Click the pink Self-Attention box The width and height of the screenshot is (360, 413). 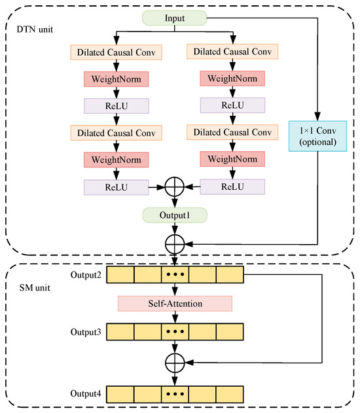click(x=175, y=303)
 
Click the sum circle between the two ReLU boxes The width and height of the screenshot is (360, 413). click(x=175, y=187)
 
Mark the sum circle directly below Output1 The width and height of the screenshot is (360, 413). click(x=175, y=243)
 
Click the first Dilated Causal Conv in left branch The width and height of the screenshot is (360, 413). click(x=116, y=51)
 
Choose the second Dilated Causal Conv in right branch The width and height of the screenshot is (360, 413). click(x=233, y=132)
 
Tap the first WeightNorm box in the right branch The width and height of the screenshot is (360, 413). click(x=233, y=78)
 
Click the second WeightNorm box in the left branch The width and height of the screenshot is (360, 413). click(x=116, y=160)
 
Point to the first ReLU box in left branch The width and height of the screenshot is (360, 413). click(x=116, y=105)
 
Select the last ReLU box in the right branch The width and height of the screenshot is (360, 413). click(x=233, y=187)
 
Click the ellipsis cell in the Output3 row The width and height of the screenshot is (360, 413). click(x=175, y=332)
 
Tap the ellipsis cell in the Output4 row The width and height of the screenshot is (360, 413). click(x=175, y=393)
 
